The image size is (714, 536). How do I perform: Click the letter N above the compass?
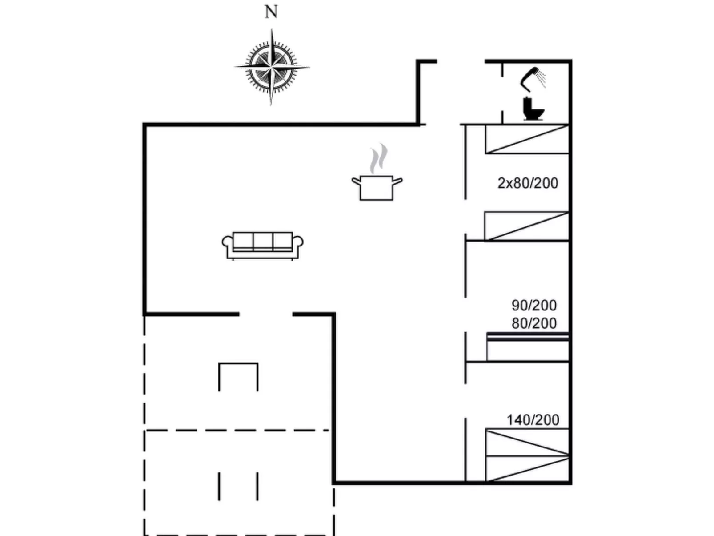271,12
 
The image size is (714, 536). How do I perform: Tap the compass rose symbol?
271,67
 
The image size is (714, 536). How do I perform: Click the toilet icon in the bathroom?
533,109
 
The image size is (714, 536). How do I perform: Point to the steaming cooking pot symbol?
377,187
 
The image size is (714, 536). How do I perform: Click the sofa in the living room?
262,245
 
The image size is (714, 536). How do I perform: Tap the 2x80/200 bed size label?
528,183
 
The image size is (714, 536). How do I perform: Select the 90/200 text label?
534,306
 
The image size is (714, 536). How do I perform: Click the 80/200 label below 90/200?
534,323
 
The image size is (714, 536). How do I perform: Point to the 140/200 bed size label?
533,420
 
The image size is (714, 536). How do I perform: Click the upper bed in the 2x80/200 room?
527,139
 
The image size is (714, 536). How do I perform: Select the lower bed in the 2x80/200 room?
526,226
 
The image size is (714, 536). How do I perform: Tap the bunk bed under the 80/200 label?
528,347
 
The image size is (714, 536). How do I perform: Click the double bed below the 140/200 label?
527,455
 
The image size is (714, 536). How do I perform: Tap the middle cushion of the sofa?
262,241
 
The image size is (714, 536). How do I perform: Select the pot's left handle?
356,181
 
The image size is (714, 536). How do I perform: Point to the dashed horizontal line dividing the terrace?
238,431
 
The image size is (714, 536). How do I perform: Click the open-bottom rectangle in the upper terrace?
238,376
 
